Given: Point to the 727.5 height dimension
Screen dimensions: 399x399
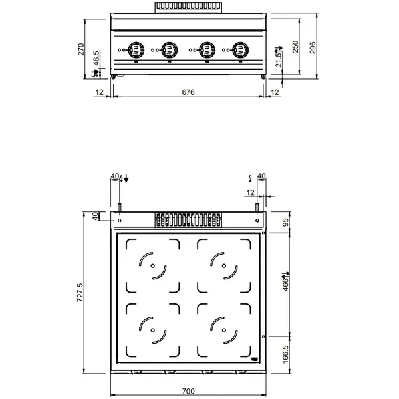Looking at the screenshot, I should click(x=80, y=293).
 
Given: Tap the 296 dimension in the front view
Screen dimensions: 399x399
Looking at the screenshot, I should click(x=313, y=47).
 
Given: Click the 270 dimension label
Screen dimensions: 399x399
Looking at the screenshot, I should click(x=81, y=49).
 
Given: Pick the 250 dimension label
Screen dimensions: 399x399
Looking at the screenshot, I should click(x=295, y=47).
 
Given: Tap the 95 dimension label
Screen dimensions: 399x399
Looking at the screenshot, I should click(x=287, y=223).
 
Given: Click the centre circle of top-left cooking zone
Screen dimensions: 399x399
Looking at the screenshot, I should click(x=153, y=267).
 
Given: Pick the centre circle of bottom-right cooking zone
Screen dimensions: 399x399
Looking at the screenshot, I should click(x=224, y=329).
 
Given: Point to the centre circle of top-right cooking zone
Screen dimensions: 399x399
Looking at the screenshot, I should click(x=224, y=267).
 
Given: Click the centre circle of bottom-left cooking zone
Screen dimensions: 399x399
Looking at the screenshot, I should click(x=153, y=329).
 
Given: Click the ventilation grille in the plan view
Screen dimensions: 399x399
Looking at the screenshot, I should click(x=188, y=220).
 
